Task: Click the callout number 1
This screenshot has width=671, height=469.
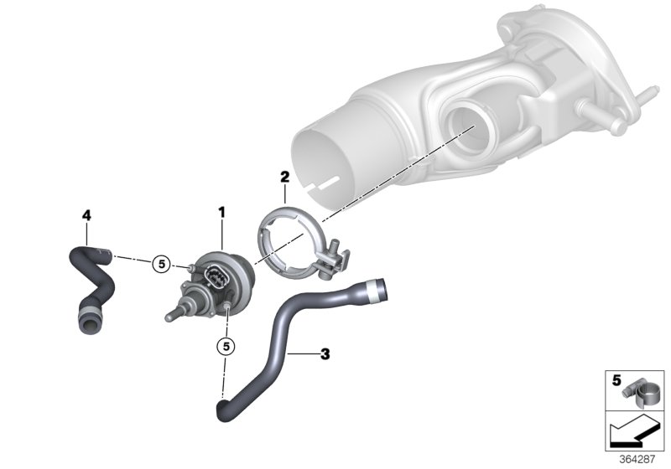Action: click(222, 214)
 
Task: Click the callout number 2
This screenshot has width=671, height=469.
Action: click(284, 177)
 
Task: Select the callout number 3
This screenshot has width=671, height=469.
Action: click(325, 354)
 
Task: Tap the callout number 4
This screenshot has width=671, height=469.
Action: click(86, 215)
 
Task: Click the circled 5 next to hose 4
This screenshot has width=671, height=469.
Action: click(162, 265)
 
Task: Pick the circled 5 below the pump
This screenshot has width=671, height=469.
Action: click(225, 344)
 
